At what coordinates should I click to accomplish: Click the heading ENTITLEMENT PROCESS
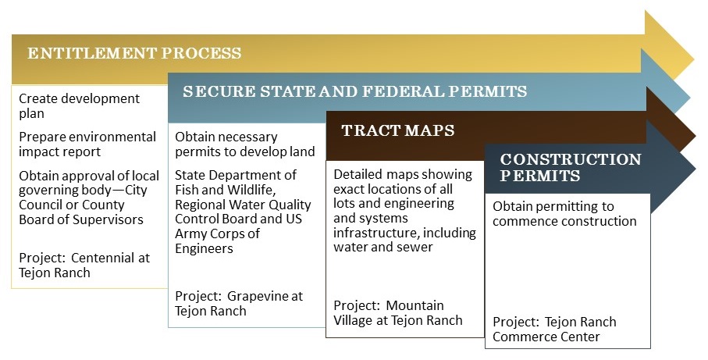[134, 54]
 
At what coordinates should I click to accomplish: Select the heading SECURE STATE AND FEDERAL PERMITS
[354, 91]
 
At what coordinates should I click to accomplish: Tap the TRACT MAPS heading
[397, 130]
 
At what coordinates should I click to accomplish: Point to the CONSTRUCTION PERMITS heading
[571, 167]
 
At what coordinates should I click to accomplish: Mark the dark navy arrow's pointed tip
[694, 168]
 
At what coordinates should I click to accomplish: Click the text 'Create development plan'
[79, 106]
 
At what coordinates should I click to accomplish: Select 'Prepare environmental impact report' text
[87, 144]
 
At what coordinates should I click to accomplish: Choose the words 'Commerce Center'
[546, 337]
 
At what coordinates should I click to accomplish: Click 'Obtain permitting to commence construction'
[564, 213]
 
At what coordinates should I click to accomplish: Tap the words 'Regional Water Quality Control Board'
[243, 212]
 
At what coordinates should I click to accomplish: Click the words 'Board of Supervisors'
[81, 219]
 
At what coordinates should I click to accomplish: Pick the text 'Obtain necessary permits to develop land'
[244, 144]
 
